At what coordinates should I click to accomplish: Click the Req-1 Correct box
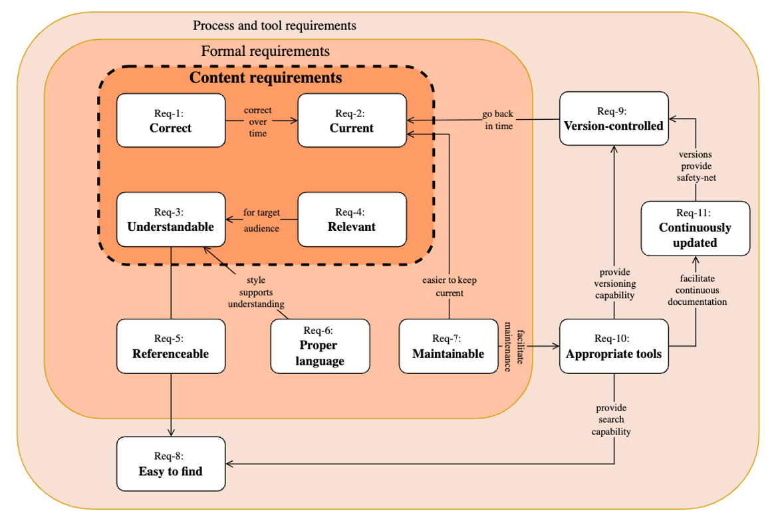click(x=170, y=120)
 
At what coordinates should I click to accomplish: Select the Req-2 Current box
click(x=352, y=120)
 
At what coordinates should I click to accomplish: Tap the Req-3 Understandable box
click(x=170, y=220)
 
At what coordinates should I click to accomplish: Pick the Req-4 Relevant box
click(x=352, y=220)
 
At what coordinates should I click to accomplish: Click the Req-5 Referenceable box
click(x=170, y=346)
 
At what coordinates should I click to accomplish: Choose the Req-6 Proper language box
click(x=320, y=346)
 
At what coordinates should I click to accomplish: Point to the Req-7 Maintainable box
click(x=448, y=346)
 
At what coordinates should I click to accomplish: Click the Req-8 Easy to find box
click(x=170, y=464)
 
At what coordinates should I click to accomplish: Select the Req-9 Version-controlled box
click(x=613, y=118)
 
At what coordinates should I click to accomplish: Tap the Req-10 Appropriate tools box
click(x=613, y=346)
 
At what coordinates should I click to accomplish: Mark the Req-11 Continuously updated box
click(x=695, y=228)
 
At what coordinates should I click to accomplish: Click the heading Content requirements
click(x=266, y=78)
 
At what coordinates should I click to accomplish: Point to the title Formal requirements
click(x=265, y=51)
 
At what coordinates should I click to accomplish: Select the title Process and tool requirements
click(x=275, y=26)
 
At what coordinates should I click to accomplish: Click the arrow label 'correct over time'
click(x=257, y=122)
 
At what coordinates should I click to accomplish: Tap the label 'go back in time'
click(x=498, y=120)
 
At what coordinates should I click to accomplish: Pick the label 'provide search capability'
click(x=612, y=419)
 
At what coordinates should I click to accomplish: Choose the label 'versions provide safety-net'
click(x=695, y=166)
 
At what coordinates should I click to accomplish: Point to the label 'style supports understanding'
click(x=256, y=292)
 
